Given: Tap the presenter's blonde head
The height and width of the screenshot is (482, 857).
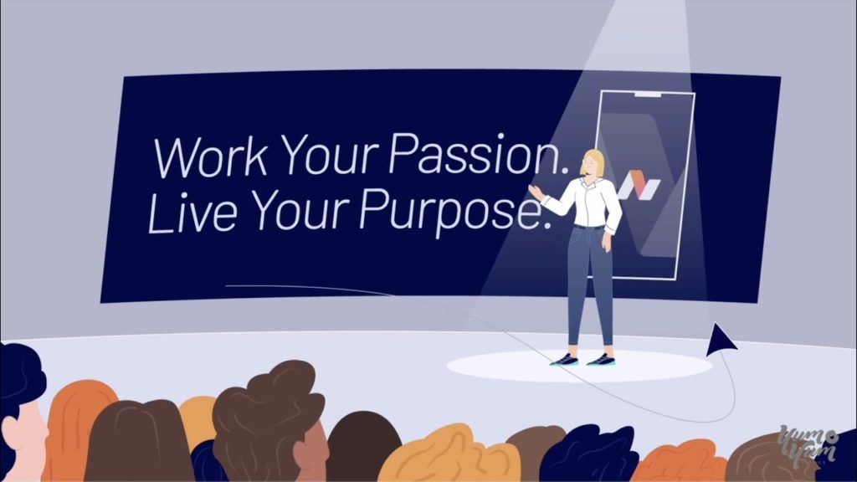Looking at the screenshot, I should (x=593, y=162).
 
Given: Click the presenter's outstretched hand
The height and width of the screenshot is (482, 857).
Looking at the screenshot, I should (x=536, y=193).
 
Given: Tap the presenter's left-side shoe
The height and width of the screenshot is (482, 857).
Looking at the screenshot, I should (x=565, y=360).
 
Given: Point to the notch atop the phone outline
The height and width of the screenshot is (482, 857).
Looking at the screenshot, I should (x=647, y=95).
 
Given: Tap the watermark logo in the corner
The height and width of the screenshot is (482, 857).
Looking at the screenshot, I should (x=808, y=444).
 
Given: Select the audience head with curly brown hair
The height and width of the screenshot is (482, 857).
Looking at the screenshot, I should (x=268, y=410).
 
